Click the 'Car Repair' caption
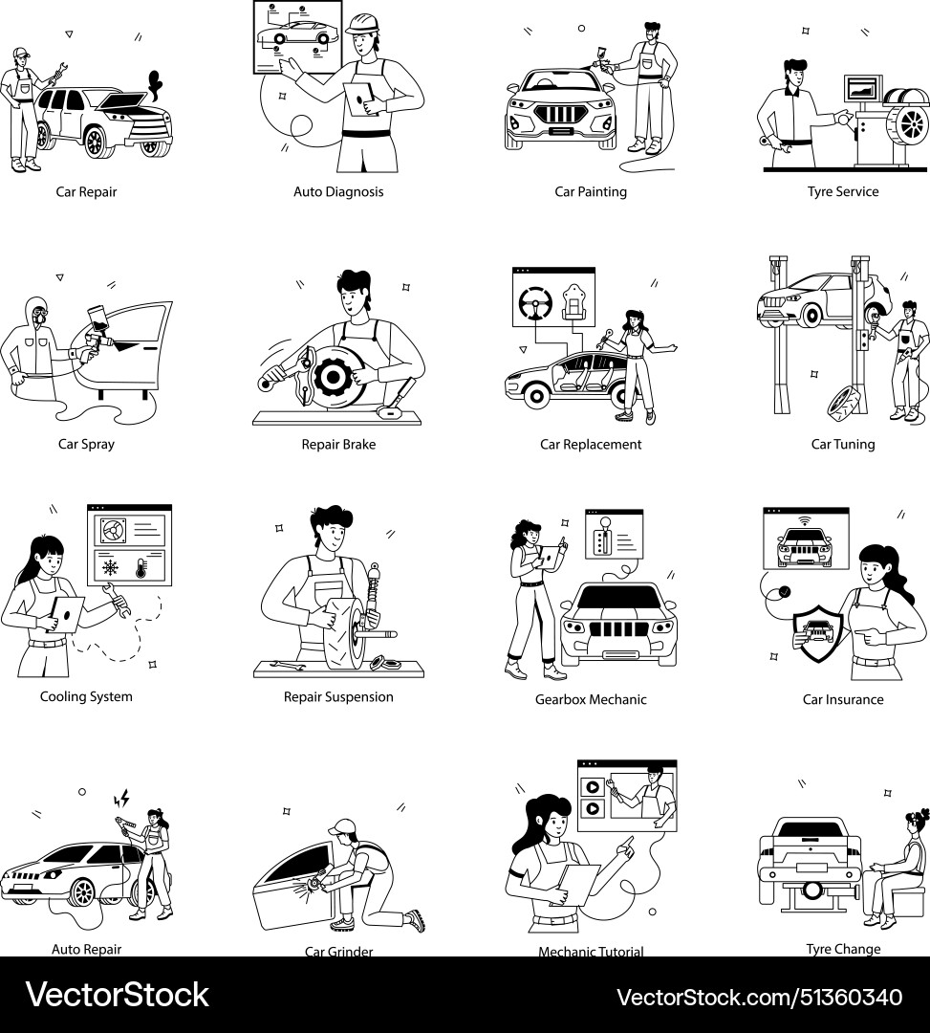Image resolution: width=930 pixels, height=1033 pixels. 86,191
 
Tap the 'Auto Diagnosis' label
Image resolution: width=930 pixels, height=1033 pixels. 338,191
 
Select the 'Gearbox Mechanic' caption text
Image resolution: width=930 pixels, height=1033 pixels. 591,699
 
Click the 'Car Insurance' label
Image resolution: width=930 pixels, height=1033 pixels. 843,699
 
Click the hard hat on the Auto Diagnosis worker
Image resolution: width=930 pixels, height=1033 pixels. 362,23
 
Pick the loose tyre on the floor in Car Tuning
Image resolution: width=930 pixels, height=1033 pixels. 842,401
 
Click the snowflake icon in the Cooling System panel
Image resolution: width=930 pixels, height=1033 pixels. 111,567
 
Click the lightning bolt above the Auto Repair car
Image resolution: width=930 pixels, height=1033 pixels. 121,798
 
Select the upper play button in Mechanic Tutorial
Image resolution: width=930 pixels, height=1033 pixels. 593,787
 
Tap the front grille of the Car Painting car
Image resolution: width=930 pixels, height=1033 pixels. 560,116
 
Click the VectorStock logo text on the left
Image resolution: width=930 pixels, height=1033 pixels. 117,995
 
